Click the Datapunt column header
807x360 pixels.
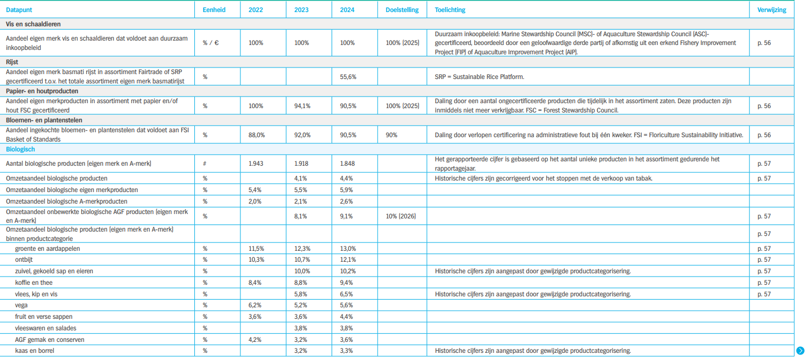tap(19, 10)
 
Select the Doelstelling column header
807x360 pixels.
tap(402, 10)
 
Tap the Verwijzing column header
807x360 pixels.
tap(772, 10)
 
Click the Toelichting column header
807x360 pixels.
tap(450, 10)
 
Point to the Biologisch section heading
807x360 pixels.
tap(20, 149)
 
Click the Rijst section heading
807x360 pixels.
tap(12, 62)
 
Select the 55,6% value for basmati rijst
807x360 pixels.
tap(348, 77)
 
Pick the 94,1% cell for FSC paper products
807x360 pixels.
tap(302, 106)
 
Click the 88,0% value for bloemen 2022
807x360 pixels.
tap(256, 135)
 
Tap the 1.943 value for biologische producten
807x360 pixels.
tap(256, 164)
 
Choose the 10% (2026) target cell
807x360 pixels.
tap(401, 216)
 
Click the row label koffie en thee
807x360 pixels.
tap(33, 283)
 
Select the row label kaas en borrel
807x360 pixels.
tap(35, 351)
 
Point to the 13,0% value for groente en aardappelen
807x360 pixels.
tap(348, 249)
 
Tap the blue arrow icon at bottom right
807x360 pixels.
tap(800, 351)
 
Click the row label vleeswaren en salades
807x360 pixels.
tap(46, 328)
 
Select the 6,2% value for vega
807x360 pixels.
tap(255, 305)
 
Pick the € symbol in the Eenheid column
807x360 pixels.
tap(216, 43)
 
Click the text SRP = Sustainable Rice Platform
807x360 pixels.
tap(479, 77)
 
